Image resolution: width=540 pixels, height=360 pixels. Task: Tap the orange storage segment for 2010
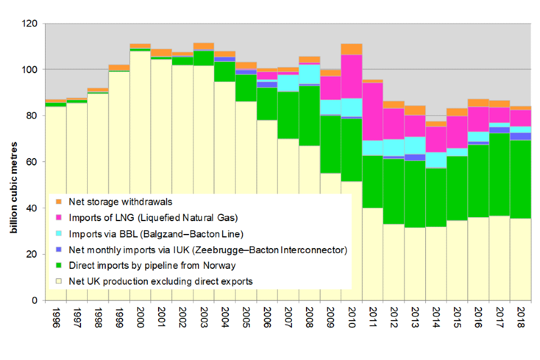[352, 49]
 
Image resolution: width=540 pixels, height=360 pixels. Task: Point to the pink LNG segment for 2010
[352, 76]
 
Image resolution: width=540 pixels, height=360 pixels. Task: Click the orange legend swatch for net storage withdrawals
[57, 201]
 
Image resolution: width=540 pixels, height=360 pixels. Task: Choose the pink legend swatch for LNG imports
[57, 217]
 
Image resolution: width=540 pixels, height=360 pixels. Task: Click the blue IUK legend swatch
[57, 249]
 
